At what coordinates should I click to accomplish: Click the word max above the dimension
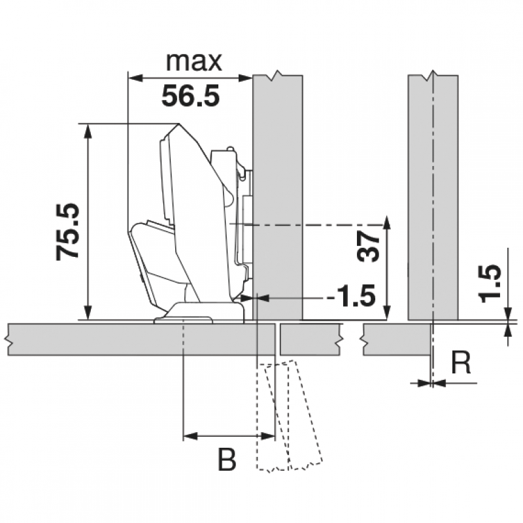[x=194, y=61]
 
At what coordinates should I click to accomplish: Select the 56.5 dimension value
[x=190, y=95]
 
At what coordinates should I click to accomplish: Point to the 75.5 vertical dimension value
[x=68, y=231]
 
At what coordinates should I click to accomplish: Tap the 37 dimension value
[x=368, y=246]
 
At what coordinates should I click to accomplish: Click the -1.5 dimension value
[x=351, y=296]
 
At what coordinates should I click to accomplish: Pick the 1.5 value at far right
[x=490, y=283]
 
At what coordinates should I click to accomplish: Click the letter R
[x=461, y=363]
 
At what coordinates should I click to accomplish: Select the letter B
[x=227, y=460]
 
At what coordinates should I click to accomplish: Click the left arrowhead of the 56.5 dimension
[x=136, y=78]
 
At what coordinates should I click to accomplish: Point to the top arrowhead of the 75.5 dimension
[x=88, y=131]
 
